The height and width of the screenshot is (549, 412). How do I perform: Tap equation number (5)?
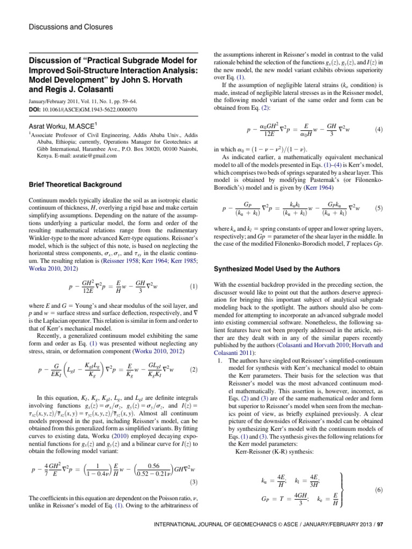point(379,207)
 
